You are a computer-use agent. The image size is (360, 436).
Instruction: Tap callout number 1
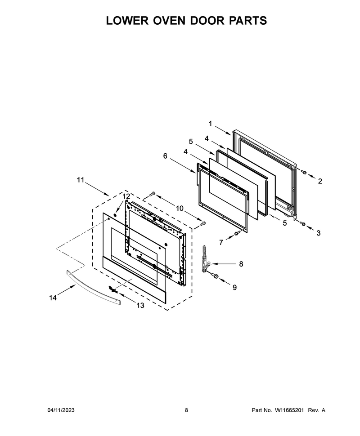pyautogui.click(x=210, y=124)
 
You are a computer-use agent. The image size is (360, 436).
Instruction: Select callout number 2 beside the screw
pyautogui.click(x=320, y=181)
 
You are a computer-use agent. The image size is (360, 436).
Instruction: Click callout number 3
pyautogui.click(x=318, y=233)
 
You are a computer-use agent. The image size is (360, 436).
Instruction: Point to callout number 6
pyautogui.click(x=165, y=156)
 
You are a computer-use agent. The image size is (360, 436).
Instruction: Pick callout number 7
pyautogui.click(x=221, y=242)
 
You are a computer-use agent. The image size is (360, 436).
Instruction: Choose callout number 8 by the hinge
pyautogui.click(x=241, y=263)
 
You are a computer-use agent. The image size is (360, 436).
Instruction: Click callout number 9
pyautogui.click(x=235, y=287)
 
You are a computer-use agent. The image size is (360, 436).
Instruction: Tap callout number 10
pyautogui.click(x=180, y=208)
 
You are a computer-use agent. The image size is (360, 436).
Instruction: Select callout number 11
pyautogui.click(x=80, y=180)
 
